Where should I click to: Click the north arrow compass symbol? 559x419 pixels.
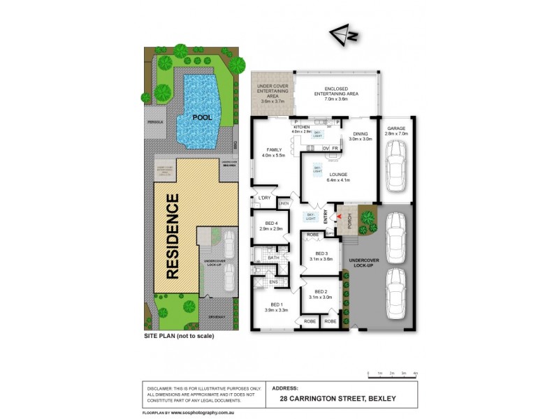pyautogui.click(x=342, y=34)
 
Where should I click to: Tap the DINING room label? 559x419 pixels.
pyautogui.click(x=361, y=135)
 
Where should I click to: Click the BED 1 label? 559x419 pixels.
pyautogui.click(x=271, y=305)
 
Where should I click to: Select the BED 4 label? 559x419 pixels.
pyautogui.click(x=270, y=225)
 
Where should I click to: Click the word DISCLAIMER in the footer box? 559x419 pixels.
pyautogui.click(x=161, y=388)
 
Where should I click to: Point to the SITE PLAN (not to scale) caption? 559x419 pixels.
pyautogui.click(x=178, y=336)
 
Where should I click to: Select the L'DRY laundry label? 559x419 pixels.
pyautogui.click(x=263, y=199)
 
